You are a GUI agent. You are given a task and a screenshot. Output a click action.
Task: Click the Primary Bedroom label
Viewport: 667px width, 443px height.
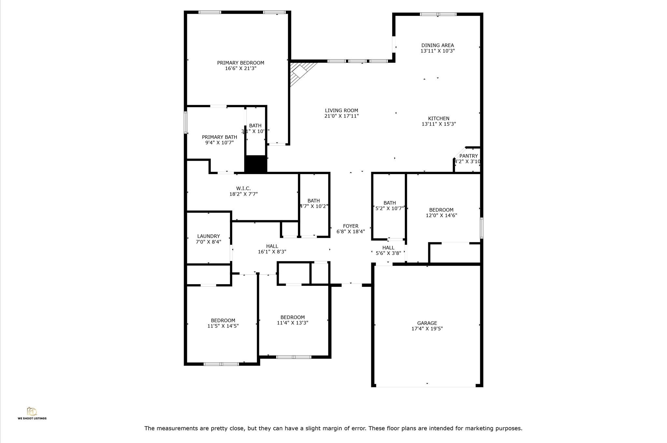pos(240,63)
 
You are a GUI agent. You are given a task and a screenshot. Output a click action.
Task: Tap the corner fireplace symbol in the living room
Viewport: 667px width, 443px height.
pos(300,72)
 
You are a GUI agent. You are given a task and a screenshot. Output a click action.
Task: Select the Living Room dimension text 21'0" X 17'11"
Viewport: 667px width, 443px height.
pos(341,116)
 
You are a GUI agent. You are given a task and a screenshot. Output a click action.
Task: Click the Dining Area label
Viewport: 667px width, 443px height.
pos(437,46)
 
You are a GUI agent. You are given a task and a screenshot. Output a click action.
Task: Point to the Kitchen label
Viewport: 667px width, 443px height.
pos(438,119)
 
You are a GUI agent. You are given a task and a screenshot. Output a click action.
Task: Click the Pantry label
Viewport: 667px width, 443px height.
pos(468,156)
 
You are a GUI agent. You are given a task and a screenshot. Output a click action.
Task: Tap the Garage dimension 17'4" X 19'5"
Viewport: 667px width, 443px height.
pos(427,329)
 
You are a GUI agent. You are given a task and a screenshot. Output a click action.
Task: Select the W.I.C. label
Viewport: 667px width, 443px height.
pos(243,189)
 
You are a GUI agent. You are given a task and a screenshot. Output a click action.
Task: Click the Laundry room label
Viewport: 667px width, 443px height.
pos(208,236)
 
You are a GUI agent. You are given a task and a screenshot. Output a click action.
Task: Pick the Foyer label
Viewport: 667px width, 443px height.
pos(350,226)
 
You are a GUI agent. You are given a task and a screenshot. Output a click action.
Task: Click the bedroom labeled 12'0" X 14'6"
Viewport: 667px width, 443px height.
pos(441,213)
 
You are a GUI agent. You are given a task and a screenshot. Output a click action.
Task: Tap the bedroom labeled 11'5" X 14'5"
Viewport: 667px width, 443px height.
pos(223,323)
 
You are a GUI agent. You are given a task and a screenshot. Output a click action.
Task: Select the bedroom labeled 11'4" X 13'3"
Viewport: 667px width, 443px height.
pos(292,320)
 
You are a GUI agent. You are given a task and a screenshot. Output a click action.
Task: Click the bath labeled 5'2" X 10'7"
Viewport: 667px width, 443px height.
pos(390,206)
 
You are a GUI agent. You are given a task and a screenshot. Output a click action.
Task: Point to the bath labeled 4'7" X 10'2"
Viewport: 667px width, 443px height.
pos(314,203)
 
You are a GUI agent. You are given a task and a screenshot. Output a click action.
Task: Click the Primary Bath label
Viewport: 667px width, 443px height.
pos(219,137)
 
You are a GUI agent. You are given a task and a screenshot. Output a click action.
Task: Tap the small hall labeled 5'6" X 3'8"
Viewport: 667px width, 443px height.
pos(388,250)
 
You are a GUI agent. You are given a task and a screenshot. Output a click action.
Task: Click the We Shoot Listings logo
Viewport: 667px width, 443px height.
pos(32,413)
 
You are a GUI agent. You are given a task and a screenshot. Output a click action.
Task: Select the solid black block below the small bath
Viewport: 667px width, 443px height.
pos(256,164)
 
